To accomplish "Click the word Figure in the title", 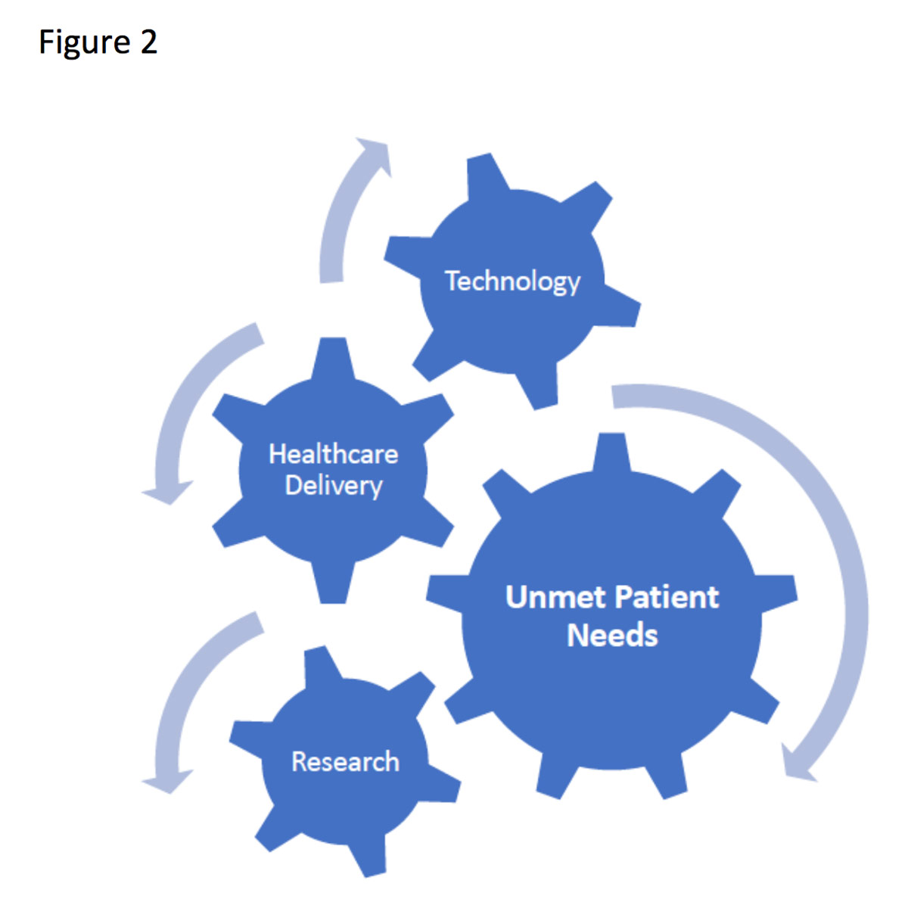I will pos(83,42).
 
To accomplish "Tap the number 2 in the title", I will pos(148,42).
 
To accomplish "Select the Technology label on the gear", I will pos(512,281).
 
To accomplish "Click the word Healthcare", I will pos(333,454).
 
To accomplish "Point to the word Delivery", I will pos(333,486).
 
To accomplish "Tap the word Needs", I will pos(612,635).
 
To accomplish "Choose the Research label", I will pos(345,761).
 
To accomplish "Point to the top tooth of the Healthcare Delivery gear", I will pos(333,356).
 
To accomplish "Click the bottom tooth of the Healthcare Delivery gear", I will pos(333,586).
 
